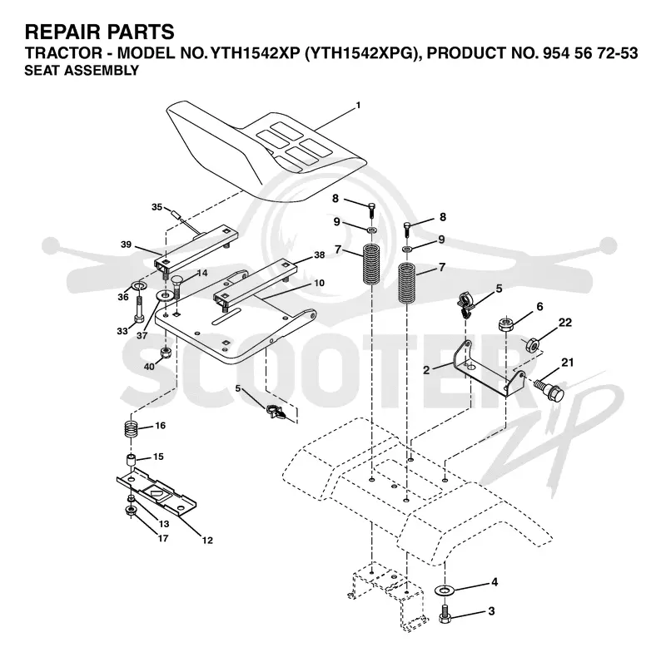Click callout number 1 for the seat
tap(358, 105)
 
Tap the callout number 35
tap(157, 207)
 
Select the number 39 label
tap(127, 245)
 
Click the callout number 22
tap(565, 323)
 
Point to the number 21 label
tap(568, 363)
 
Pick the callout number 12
tap(207, 541)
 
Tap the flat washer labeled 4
tap(445, 590)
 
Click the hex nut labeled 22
tap(533, 345)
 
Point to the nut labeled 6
tap(505, 325)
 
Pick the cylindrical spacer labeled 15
tap(132, 461)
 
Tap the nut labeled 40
tap(166, 353)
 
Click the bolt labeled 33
tap(139, 312)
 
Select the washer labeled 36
tap(138, 284)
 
